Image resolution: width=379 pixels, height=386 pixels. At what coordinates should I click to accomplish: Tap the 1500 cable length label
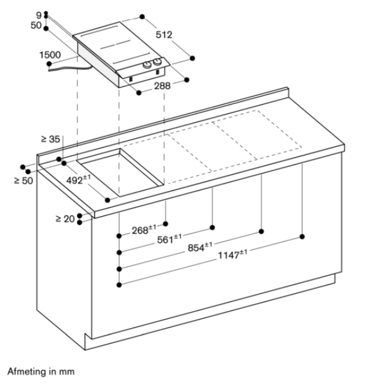click(x=50, y=55)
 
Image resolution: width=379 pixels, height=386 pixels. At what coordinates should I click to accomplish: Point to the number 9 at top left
click(x=39, y=14)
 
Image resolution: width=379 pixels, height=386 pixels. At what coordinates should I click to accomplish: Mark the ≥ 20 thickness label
click(x=65, y=219)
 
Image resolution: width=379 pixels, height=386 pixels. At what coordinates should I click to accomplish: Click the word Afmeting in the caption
click(x=25, y=372)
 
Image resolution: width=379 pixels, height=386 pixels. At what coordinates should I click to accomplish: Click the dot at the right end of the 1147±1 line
click(x=302, y=236)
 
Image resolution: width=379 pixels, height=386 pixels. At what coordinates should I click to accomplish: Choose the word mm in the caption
click(x=66, y=372)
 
